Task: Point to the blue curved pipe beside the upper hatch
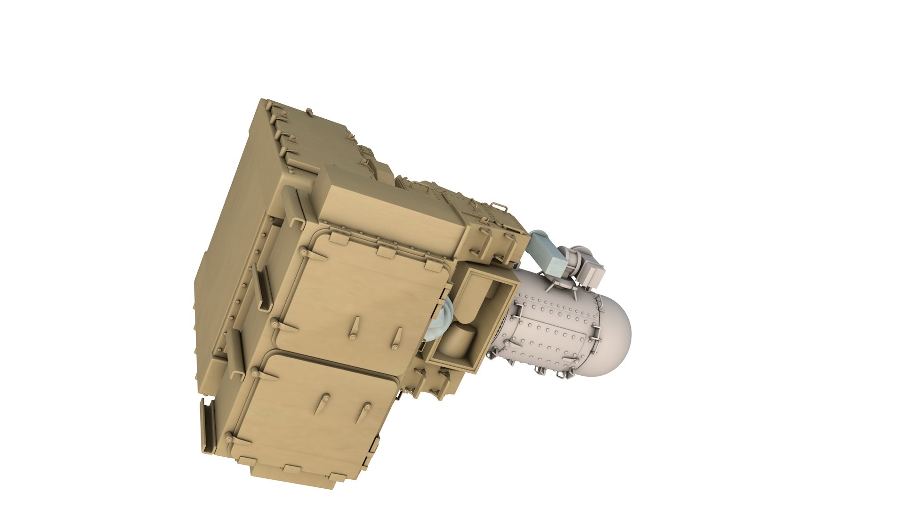[x=438, y=320]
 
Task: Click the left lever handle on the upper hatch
[x=354, y=328]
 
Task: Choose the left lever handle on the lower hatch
[x=324, y=404]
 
